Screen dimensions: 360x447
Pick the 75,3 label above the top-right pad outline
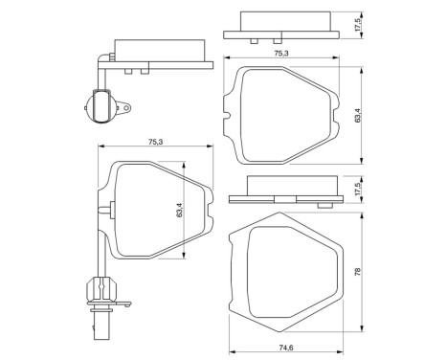point(280,55)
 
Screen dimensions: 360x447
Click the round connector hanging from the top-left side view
point(100,105)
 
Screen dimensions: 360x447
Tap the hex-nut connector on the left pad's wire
point(96,286)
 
